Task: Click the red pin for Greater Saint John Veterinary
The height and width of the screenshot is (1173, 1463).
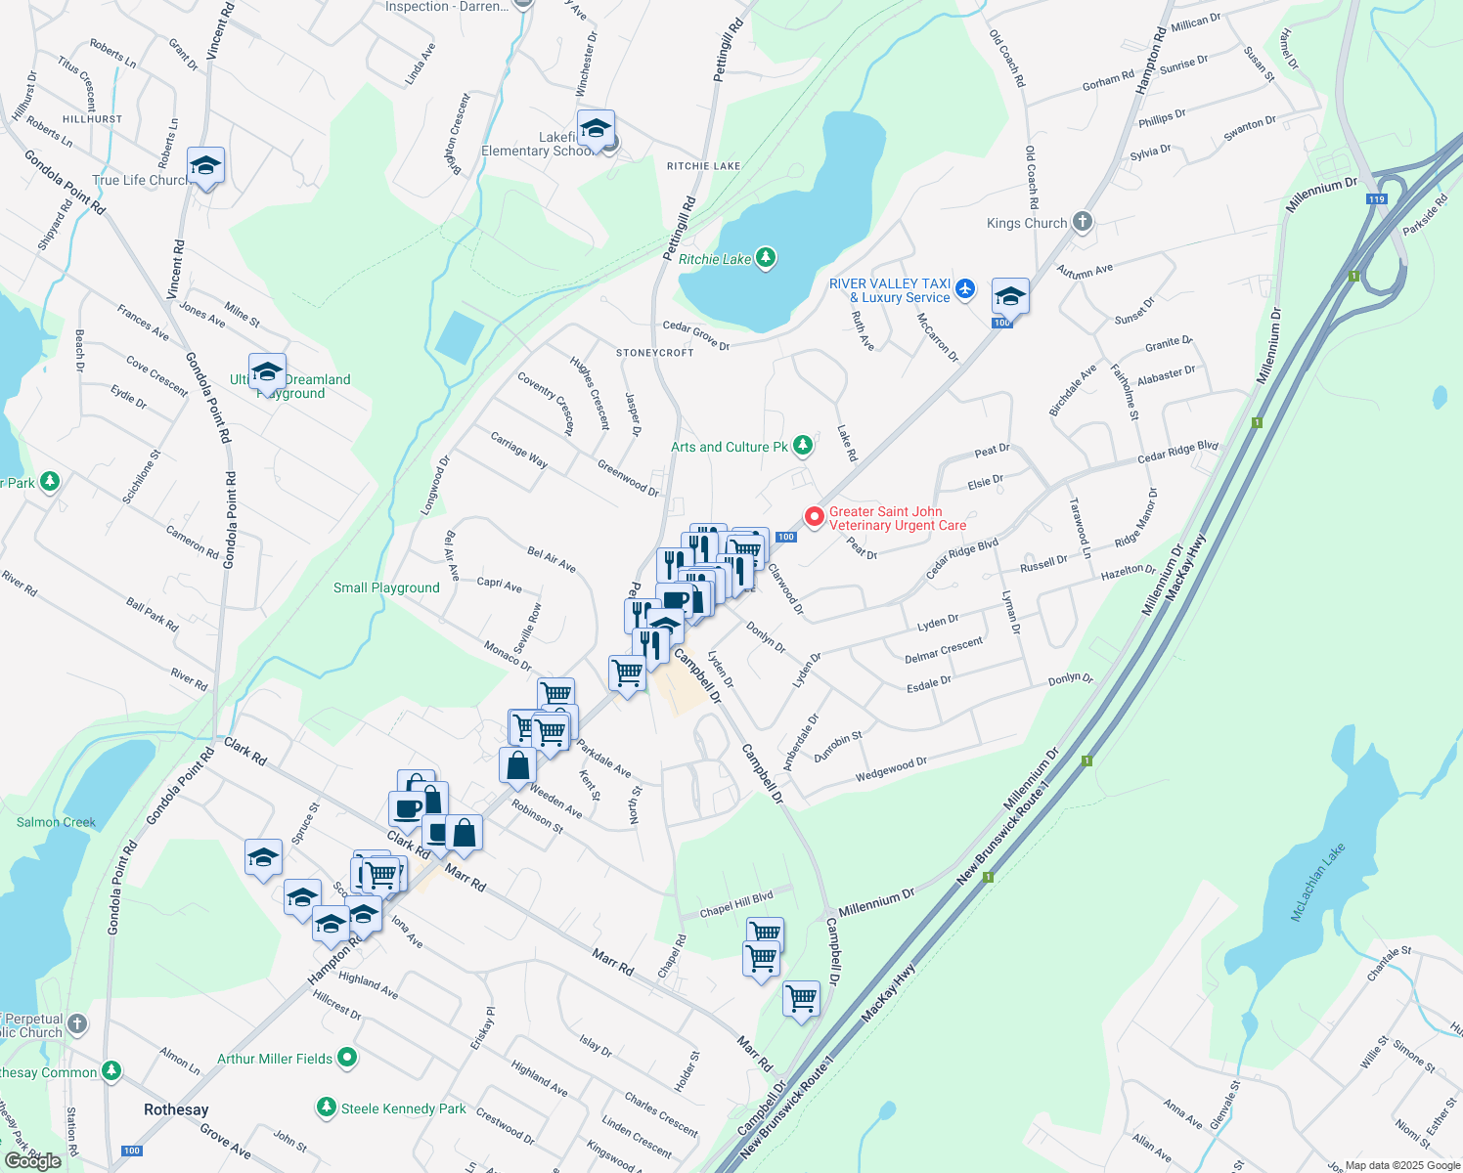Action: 814,516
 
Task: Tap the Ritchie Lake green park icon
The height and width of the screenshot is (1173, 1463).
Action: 766,258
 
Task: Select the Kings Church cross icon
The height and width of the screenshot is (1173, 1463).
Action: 1082,222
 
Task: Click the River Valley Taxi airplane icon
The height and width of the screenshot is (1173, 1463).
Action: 965,288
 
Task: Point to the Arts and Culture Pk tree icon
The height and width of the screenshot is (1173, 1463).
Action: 802,446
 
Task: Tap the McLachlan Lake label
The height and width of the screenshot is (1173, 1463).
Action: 1318,882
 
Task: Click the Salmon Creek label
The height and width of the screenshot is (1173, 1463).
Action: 56,822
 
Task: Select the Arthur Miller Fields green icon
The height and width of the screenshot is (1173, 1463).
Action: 346,1058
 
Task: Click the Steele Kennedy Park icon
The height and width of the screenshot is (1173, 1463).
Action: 327,1108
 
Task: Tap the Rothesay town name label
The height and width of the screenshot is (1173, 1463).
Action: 176,1109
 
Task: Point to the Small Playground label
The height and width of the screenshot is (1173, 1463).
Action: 386,587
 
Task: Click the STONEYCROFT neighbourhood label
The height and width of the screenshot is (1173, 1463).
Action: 654,353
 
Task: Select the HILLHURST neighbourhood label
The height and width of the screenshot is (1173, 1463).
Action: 93,119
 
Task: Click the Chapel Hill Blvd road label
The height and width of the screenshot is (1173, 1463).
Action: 736,905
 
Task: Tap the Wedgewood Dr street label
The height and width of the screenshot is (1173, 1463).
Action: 891,769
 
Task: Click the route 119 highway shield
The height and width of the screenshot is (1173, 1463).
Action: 1376,198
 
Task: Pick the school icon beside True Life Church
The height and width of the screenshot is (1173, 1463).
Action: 205,166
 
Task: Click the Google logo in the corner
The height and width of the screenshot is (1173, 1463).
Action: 32,1161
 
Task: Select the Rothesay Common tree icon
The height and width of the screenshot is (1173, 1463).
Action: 111,1071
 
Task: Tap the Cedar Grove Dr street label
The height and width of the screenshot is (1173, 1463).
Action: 696,335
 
